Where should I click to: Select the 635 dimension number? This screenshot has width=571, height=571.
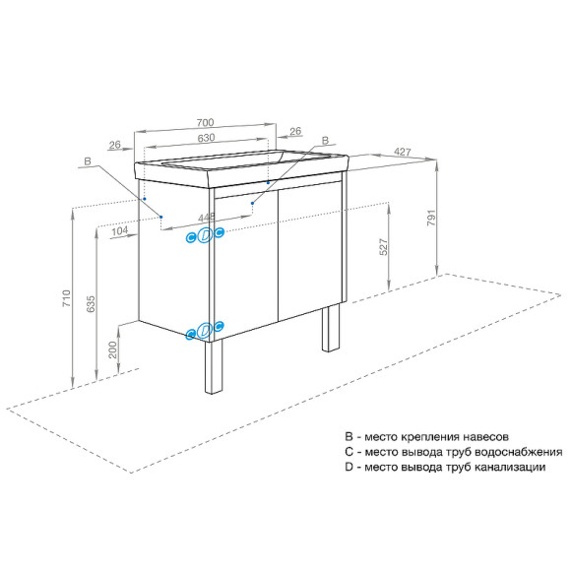click(x=90, y=305)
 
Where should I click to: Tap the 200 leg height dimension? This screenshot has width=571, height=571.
click(x=113, y=349)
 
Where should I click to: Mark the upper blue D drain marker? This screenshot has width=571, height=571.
click(x=205, y=234)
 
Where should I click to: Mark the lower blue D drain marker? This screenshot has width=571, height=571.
click(x=205, y=331)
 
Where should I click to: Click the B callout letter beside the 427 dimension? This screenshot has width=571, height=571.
click(x=327, y=142)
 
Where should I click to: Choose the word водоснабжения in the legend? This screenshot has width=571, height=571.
click(x=500, y=451)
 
